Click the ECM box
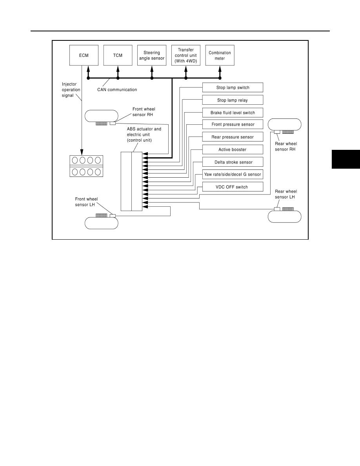tap(84, 55)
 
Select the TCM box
tap(118, 55)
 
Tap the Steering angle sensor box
tap(152, 55)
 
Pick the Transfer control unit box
tap(186, 55)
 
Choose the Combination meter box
tap(220, 55)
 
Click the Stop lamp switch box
tap(233, 87)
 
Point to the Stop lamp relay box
tap(233, 100)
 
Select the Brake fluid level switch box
tap(233, 113)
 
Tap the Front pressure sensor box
tap(233, 124)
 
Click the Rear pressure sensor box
tap(233, 137)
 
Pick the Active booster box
tap(233, 149)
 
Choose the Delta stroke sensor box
tap(233, 162)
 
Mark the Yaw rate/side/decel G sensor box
tap(233, 175)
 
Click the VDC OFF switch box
tap(233, 187)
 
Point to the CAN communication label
tap(117, 90)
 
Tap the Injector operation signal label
tap(71, 90)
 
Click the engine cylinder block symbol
tap(86, 166)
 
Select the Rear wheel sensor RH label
tap(286, 147)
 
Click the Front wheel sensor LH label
tap(86, 202)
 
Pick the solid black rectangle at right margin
tap(346, 159)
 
